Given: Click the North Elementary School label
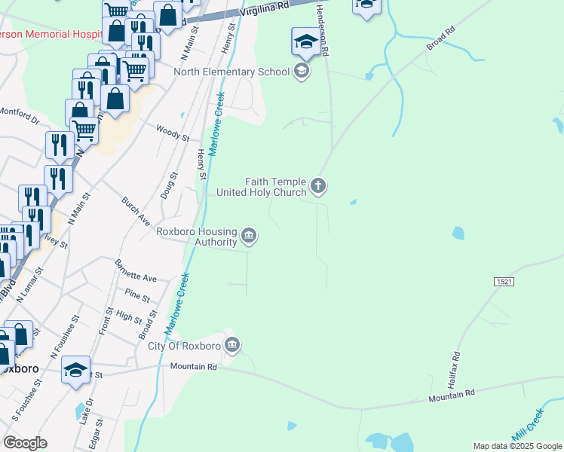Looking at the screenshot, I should [x=231, y=72].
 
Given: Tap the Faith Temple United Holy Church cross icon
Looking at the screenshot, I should [x=318, y=185].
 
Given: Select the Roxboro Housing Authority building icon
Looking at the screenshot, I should [x=249, y=237].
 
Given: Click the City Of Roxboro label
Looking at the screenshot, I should [x=184, y=347].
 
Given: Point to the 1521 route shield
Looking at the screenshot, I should [x=504, y=281].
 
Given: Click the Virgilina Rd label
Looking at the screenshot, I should [x=265, y=9].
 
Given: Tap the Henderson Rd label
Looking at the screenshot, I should [x=323, y=29].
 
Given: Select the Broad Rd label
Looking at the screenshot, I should [x=441, y=39].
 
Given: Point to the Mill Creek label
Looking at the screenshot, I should [x=529, y=426].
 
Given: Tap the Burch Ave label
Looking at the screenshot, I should [x=136, y=211].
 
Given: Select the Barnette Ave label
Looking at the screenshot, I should [x=136, y=271].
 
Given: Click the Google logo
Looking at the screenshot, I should [x=25, y=443].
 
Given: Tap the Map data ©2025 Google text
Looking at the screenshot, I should [x=516, y=446].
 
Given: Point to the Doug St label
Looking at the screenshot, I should [x=168, y=185].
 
